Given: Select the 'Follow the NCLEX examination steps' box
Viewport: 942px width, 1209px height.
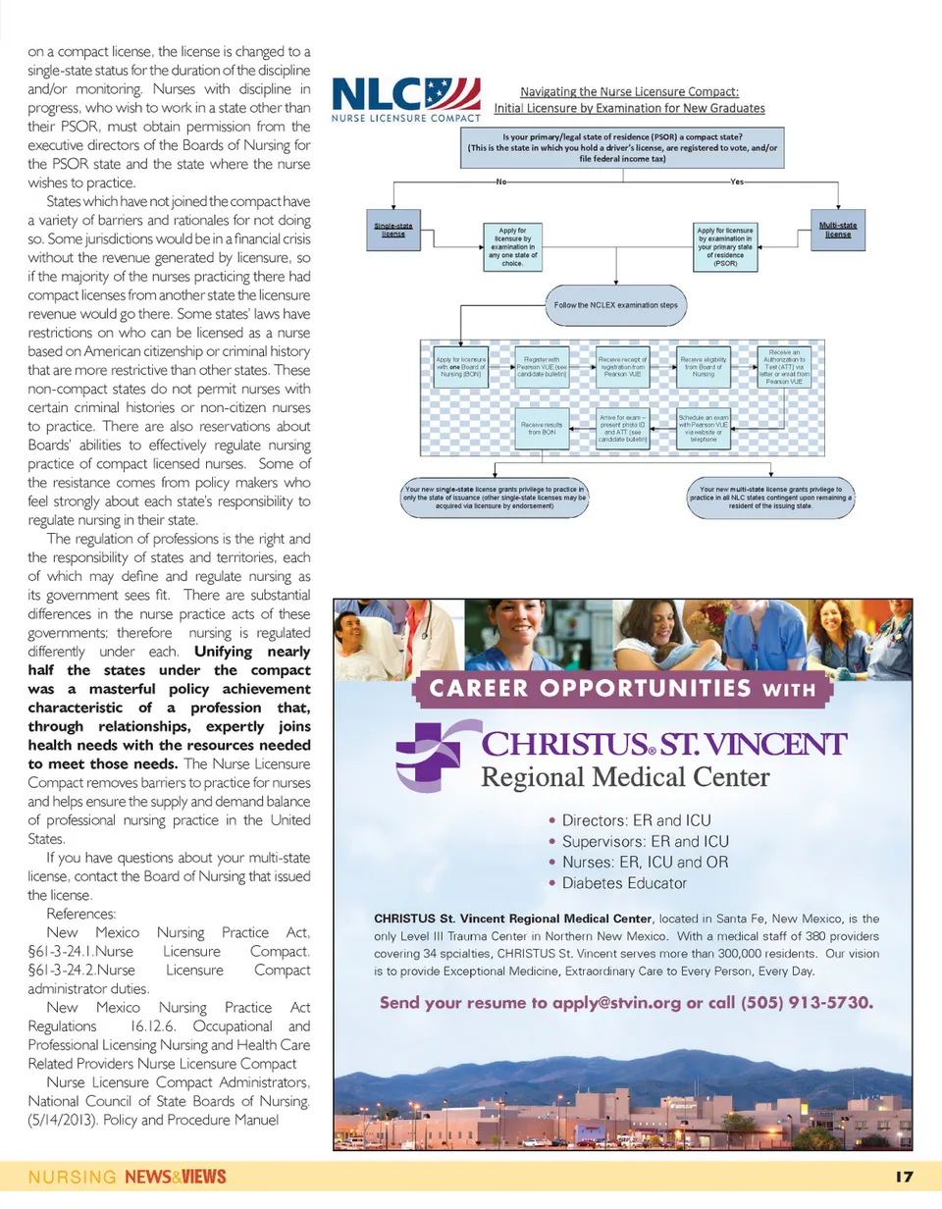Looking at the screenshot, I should coord(615,305).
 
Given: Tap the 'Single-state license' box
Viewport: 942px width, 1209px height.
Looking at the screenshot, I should coord(392,231).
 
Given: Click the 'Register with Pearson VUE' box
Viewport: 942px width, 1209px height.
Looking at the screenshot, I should coord(547,367).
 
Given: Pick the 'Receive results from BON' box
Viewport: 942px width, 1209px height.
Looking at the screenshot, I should coord(542,428).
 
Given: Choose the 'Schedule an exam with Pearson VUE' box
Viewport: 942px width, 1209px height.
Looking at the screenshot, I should coord(704,428).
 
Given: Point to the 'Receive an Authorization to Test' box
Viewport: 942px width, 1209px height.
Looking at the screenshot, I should coord(784,366).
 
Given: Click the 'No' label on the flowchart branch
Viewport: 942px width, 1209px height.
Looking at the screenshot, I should coord(500,182).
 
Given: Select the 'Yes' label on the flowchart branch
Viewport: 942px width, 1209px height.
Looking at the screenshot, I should coord(738,182).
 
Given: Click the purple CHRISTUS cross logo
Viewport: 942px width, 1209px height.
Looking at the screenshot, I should coord(431,756).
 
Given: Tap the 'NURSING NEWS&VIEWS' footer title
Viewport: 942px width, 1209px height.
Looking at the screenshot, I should coord(127,1177).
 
